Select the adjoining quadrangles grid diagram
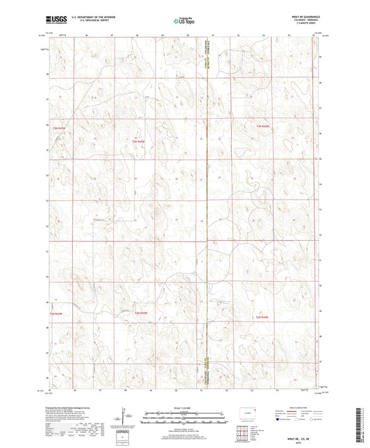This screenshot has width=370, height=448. [246, 432]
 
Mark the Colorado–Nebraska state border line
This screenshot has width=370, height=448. [207, 209]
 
